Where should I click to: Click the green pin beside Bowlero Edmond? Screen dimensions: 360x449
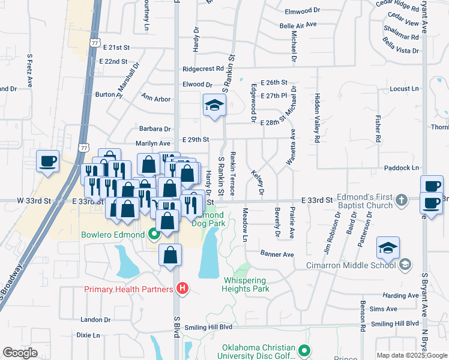[154, 234]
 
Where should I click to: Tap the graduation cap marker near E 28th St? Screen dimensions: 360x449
[213, 106]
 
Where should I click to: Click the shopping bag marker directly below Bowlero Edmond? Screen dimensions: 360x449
[170, 256]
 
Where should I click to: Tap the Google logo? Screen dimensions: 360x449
[20, 353]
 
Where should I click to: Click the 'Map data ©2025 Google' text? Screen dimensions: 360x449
[411, 355]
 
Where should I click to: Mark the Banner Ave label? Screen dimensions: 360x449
[277, 254]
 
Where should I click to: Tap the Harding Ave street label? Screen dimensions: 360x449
[400, 296]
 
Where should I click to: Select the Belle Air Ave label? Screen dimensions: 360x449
[298, 25]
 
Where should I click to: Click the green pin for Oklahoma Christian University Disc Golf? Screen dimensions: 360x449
[305, 350]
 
